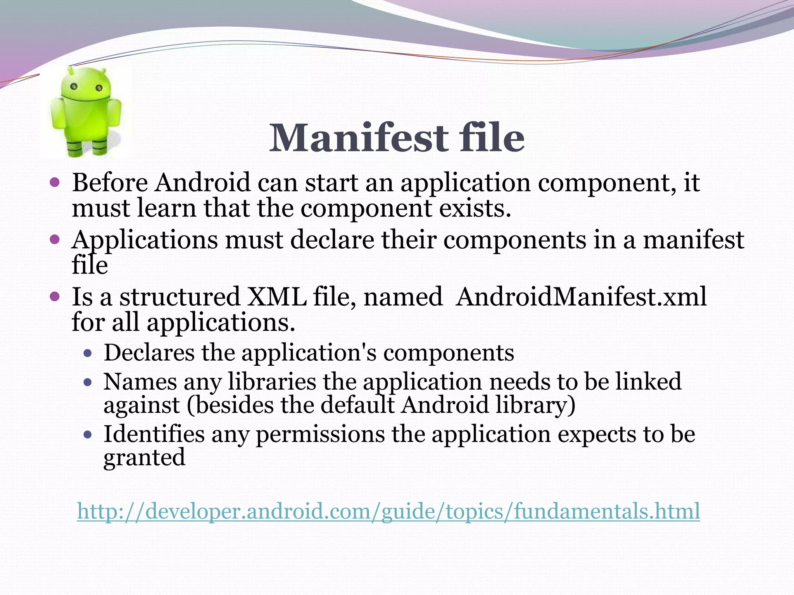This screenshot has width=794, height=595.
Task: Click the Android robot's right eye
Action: click(99, 88)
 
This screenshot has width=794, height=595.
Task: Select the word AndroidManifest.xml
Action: click(581, 297)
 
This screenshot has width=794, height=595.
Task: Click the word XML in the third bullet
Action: click(276, 297)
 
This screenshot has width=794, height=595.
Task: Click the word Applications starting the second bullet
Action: click(145, 241)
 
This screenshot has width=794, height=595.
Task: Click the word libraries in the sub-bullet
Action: click(272, 382)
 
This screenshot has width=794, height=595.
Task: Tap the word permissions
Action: click(320, 435)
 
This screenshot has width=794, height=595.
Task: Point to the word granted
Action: click(144, 458)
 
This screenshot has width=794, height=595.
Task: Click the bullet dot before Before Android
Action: click(55, 182)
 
